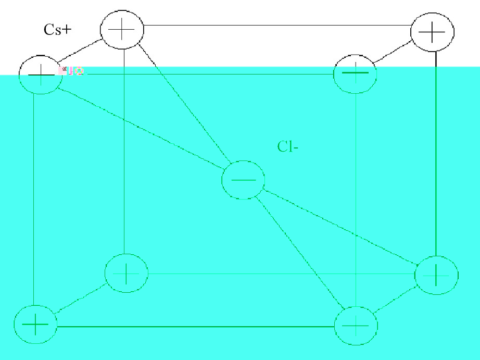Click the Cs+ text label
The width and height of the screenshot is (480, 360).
click(58, 30)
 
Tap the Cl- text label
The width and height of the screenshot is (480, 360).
click(287, 147)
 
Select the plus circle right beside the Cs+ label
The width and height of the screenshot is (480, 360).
click(122, 30)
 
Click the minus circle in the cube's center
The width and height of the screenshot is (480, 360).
click(243, 180)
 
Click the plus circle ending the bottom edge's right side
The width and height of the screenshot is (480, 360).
click(356, 327)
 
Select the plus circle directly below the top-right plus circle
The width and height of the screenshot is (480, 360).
click(436, 275)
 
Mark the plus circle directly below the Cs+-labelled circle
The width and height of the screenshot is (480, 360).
click(126, 272)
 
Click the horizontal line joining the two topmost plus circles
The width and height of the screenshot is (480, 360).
click(276, 25)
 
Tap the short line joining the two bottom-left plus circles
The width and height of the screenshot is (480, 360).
click(81, 299)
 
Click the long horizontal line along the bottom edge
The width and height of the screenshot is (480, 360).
click(195, 327)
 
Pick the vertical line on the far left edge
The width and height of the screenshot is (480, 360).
click(34, 198)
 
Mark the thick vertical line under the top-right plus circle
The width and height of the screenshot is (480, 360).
click(436, 156)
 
